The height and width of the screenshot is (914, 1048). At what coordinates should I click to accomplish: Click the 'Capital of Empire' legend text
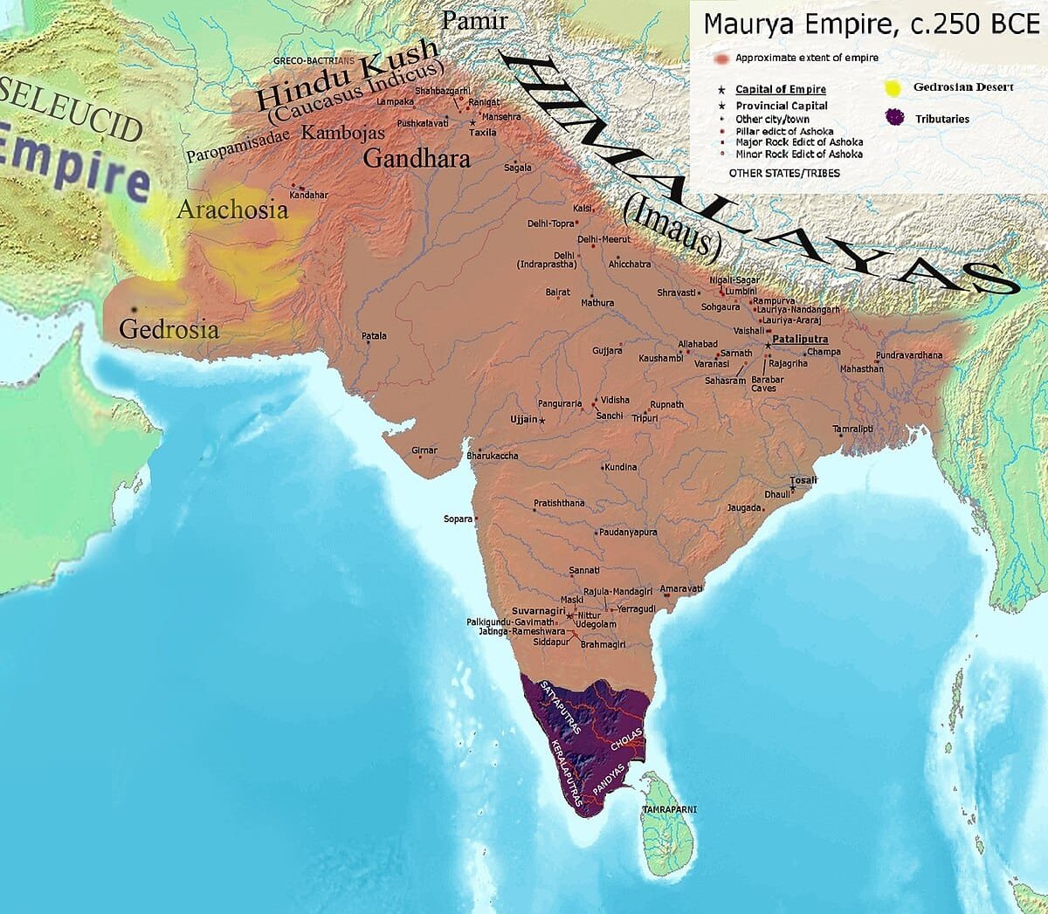click(780, 89)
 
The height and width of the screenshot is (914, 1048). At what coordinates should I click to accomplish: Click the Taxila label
click(482, 133)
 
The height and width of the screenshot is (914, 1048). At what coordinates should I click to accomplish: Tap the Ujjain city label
click(523, 420)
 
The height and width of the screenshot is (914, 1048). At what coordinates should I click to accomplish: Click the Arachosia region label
click(231, 210)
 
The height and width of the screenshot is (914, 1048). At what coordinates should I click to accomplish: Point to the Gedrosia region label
click(169, 329)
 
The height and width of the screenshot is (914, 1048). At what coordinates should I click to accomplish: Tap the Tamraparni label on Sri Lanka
click(669, 810)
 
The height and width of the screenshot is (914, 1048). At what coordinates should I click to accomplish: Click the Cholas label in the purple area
click(627, 740)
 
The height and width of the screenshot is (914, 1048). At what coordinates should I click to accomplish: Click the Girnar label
click(424, 450)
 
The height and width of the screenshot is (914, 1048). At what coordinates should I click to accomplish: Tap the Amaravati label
click(681, 589)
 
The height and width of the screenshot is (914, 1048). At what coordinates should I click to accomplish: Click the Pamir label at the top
click(474, 20)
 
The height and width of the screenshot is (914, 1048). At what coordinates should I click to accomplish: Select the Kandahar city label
click(308, 195)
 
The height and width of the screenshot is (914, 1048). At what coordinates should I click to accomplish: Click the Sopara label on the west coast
click(458, 519)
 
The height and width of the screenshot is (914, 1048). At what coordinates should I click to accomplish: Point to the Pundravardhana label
click(909, 355)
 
